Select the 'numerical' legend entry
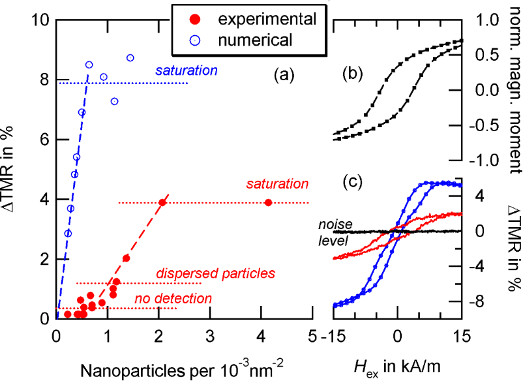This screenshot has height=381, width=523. [x=254, y=40]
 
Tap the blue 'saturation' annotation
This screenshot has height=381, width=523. [x=186, y=69]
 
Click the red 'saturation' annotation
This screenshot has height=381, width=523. [x=277, y=184]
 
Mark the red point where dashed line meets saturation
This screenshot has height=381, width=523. [x=162, y=202]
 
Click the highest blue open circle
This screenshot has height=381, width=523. [x=130, y=57]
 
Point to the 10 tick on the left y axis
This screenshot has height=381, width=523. [x=40, y=20]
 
